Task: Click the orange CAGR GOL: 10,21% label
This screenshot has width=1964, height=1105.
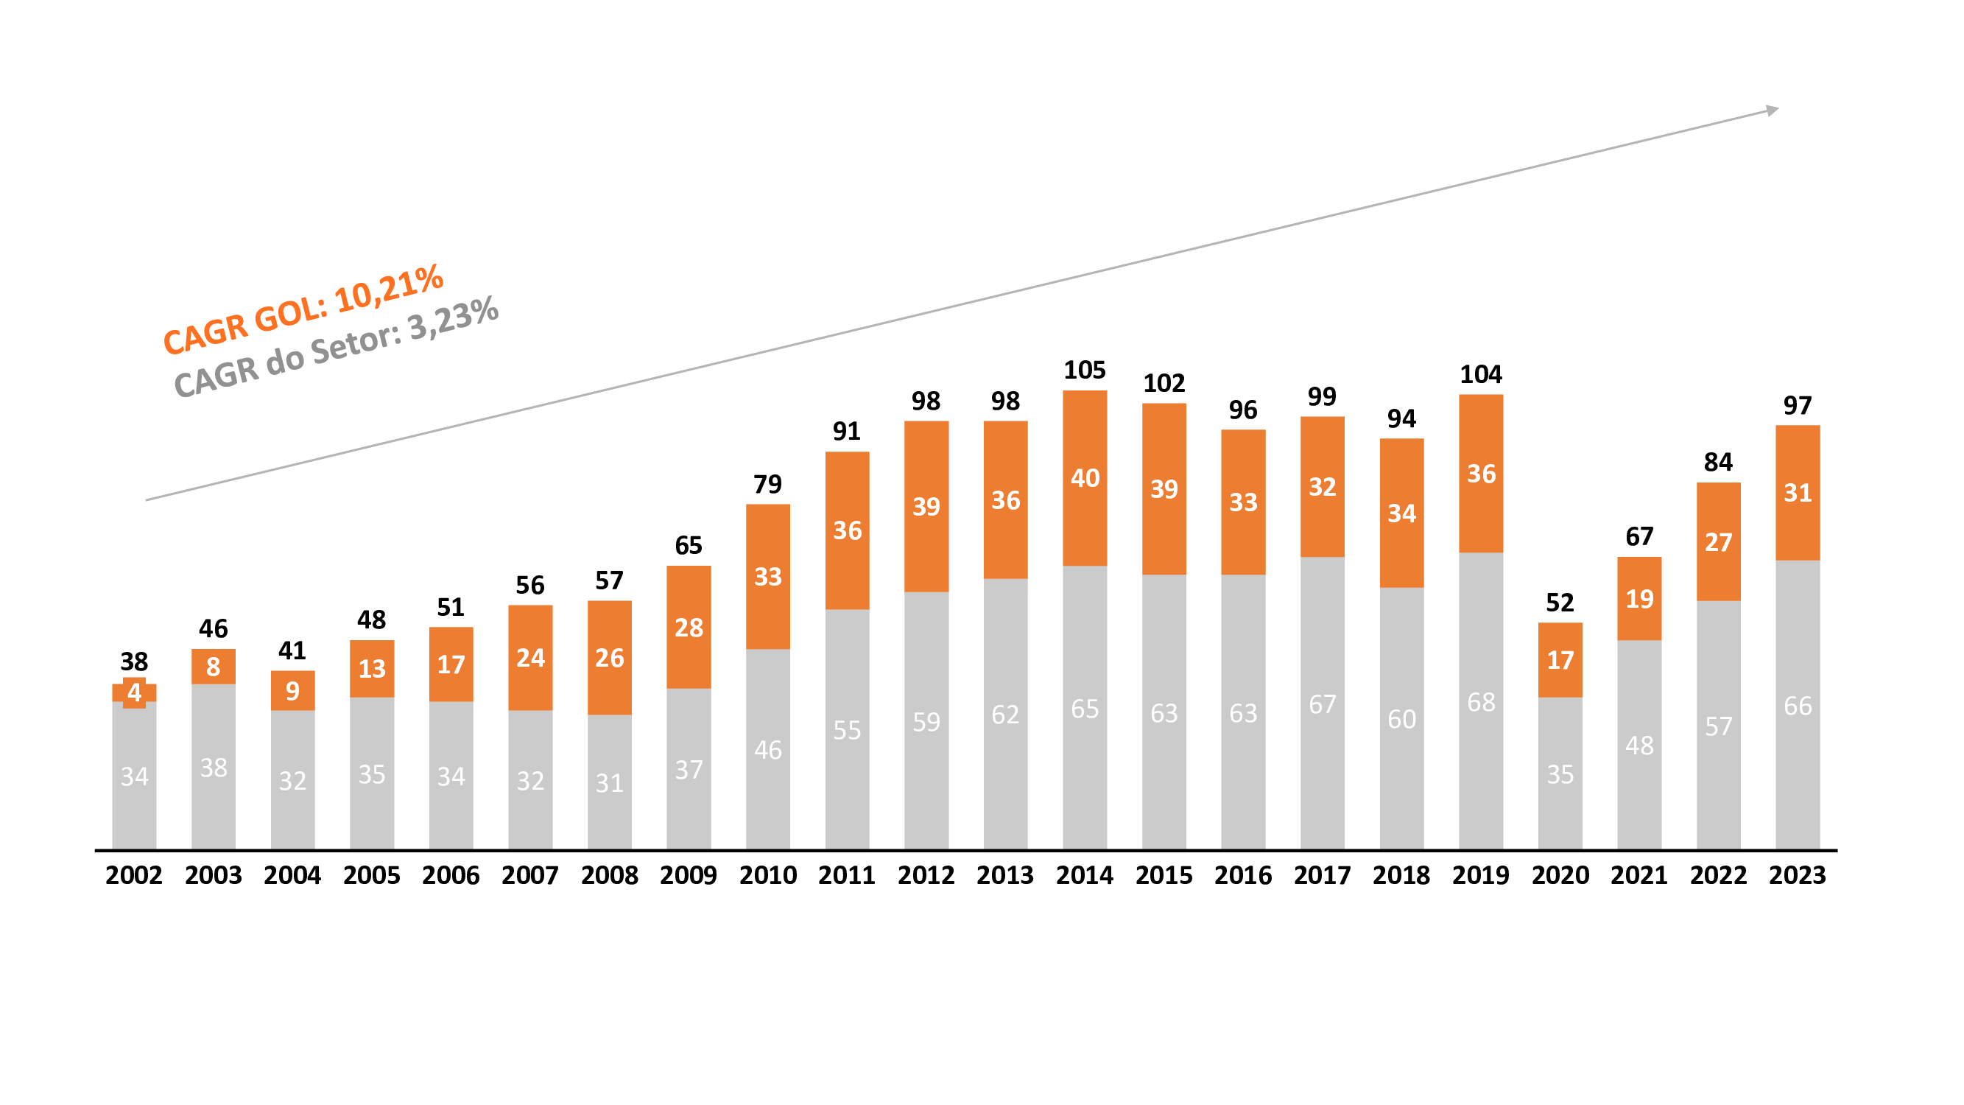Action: coord(303,309)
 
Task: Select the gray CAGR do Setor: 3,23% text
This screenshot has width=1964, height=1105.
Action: coord(337,347)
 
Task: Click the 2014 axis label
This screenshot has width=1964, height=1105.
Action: coord(1084,874)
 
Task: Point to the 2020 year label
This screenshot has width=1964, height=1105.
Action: coord(1560,874)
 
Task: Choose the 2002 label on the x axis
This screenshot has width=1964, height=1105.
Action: coord(134,874)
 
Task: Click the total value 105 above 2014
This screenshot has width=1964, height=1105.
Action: coord(1084,371)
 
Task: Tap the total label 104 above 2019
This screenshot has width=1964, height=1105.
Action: coord(1481,374)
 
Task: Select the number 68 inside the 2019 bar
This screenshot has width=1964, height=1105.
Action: coord(1481,702)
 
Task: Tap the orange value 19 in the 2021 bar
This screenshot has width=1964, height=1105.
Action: coord(1639,599)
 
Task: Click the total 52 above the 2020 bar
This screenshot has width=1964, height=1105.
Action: coord(1560,603)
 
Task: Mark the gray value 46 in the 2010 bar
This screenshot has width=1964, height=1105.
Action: coord(768,751)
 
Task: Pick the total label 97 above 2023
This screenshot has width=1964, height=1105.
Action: coord(1797,406)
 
